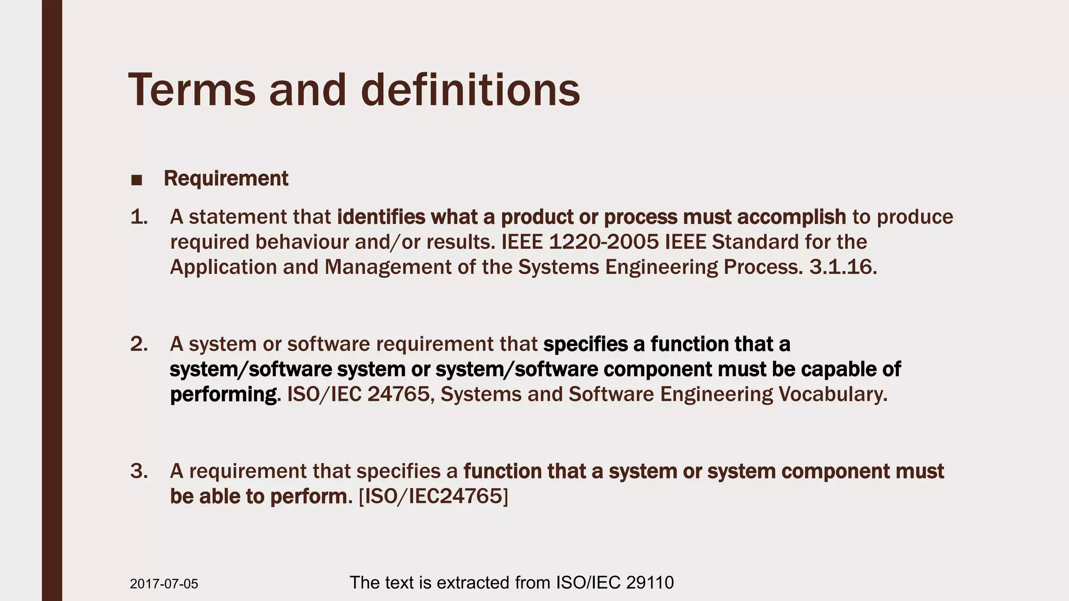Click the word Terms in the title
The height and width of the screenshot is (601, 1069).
(x=192, y=90)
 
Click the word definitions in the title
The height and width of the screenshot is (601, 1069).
(x=470, y=90)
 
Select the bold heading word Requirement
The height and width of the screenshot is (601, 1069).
(x=225, y=178)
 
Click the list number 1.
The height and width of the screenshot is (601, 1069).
(x=139, y=217)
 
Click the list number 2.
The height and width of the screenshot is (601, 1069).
(x=139, y=344)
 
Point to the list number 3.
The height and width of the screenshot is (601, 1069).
(x=139, y=471)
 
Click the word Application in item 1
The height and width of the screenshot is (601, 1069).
(x=223, y=267)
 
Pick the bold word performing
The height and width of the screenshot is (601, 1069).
(x=223, y=394)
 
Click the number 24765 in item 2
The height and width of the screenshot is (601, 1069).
(x=398, y=394)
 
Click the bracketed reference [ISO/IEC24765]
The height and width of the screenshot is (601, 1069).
(x=433, y=496)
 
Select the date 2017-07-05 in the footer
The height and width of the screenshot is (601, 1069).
(x=164, y=584)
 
